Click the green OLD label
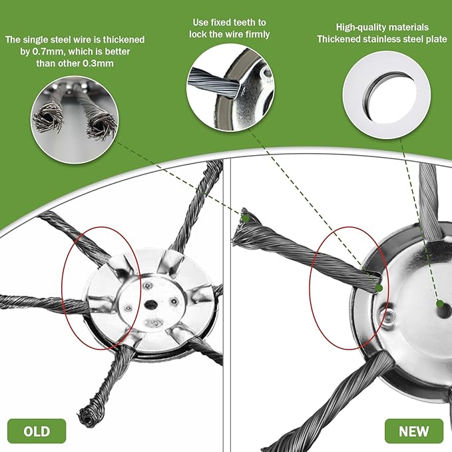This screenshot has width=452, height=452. (37, 431)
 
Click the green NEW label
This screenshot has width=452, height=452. (413, 431)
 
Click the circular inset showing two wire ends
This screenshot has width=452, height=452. (74, 112)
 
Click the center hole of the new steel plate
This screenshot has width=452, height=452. (439, 304)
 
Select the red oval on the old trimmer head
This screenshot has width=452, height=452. (101, 288)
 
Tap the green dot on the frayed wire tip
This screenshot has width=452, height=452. (246, 217)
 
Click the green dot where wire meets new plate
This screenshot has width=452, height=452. (378, 288)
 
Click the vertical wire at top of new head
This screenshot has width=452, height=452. (428, 200)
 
